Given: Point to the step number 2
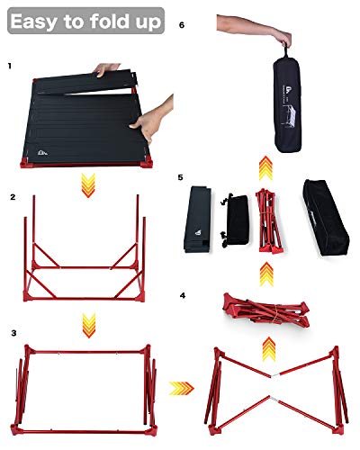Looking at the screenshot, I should (11, 195).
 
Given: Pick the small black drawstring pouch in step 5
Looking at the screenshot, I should (235, 218).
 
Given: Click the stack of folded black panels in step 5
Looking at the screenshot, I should (202, 216).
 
